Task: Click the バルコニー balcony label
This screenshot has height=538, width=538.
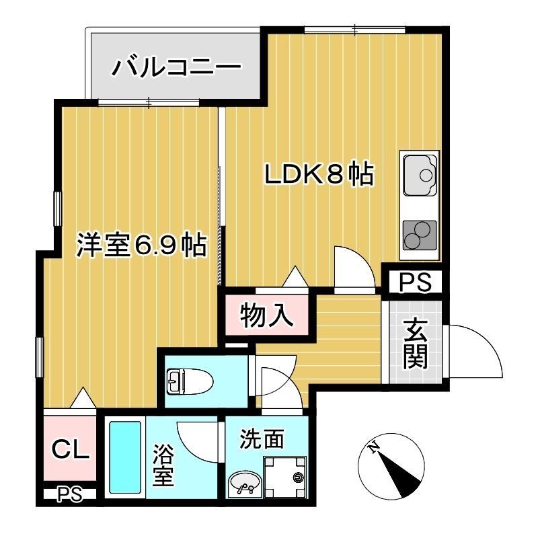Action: click(x=176, y=69)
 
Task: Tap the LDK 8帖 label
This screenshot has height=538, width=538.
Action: click(x=318, y=175)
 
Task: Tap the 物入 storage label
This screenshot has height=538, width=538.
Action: click(x=267, y=315)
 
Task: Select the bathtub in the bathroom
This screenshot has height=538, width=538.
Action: click(x=125, y=457)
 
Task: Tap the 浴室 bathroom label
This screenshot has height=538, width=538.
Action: click(x=163, y=465)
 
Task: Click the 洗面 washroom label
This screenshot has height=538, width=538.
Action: click(x=262, y=440)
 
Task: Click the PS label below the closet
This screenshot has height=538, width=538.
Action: click(x=69, y=496)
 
